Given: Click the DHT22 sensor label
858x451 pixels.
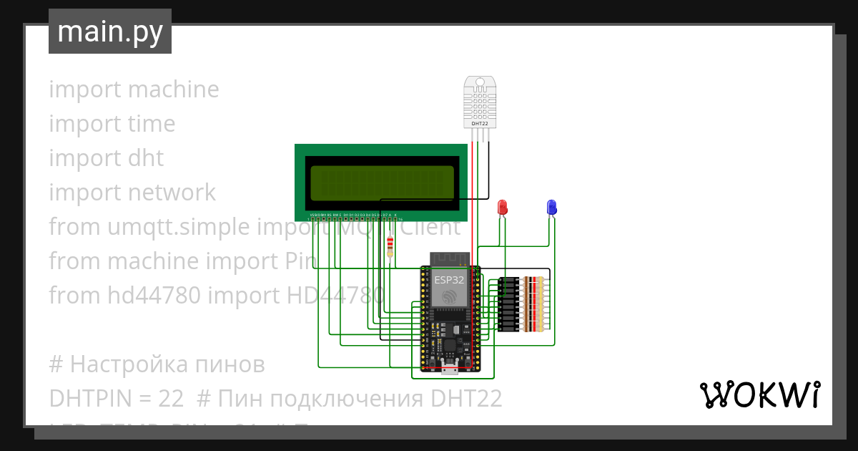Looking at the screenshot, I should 480,124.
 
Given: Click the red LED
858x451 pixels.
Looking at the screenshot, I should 502,208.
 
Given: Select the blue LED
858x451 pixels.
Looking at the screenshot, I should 551,207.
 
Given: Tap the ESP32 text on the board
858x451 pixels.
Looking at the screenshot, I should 449,280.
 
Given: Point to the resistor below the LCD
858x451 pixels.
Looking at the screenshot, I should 390,246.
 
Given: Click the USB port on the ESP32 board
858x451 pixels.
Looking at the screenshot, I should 450,370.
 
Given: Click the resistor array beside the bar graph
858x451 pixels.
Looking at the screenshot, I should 534,304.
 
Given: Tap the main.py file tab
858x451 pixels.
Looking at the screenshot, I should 110,31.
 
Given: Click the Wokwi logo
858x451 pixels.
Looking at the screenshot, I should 759,394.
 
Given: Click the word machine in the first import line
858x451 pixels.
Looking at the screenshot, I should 173,89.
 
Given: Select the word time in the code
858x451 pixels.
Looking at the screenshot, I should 151,124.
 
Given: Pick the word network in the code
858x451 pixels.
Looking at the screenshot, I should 173,193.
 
